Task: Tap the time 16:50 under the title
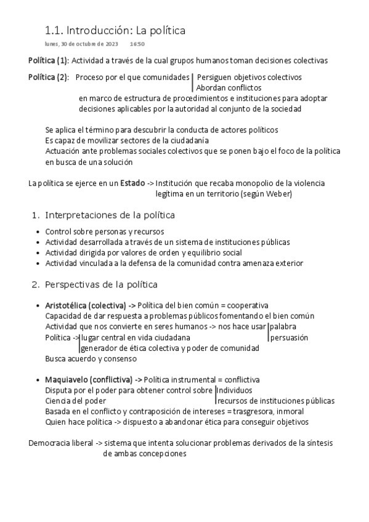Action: (x=137, y=45)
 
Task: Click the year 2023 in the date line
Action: (x=112, y=45)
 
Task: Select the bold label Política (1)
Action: (x=49, y=60)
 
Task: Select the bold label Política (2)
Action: (x=49, y=78)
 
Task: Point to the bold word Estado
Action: (x=133, y=183)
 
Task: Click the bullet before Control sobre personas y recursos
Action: (x=39, y=232)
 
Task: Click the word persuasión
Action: (x=289, y=337)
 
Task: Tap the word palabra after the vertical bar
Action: (x=284, y=326)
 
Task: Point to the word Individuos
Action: (x=235, y=390)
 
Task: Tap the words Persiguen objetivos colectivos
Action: (x=249, y=78)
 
